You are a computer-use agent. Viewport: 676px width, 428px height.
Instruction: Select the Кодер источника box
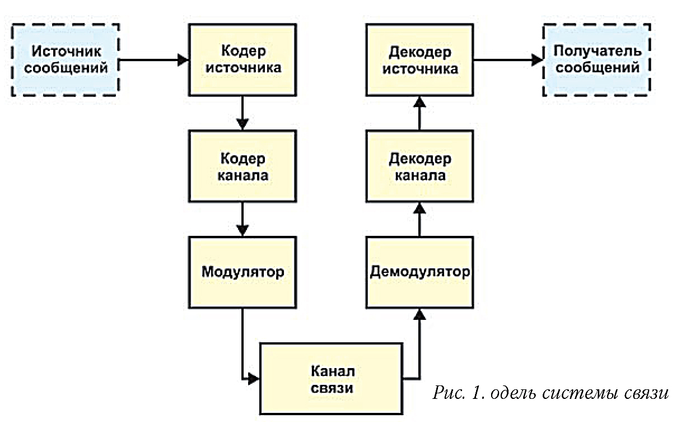tap(243, 60)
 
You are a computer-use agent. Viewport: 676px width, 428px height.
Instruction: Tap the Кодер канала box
tap(243, 166)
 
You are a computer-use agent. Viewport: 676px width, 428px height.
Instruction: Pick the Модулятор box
tap(243, 273)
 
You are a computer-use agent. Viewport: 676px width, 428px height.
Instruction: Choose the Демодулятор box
tap(420, 272)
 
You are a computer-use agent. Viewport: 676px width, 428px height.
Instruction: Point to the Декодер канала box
tap(420, 166)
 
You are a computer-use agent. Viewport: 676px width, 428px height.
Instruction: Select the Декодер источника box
tap(420, 60)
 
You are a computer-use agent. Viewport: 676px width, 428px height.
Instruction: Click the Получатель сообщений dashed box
tap(596, 60)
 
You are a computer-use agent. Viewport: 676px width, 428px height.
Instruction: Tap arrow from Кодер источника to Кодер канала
tap(243, 113)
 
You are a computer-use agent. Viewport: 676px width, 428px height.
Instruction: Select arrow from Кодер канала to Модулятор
tap(243, 219)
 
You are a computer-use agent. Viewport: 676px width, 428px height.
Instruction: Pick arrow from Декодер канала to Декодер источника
tap(420, 113)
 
